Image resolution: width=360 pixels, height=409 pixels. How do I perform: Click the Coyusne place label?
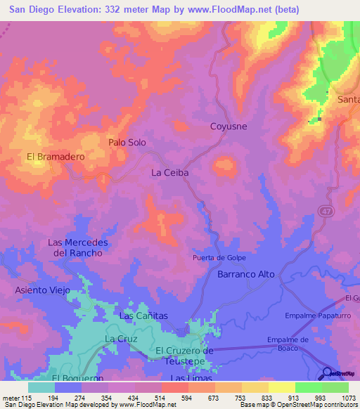[229, 126]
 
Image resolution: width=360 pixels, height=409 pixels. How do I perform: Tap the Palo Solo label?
[127, 142]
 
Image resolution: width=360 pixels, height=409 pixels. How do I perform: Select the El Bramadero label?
[56, 157]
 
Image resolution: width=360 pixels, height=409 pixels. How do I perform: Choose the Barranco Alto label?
[245, 274]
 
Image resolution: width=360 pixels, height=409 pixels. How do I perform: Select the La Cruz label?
[118, 338]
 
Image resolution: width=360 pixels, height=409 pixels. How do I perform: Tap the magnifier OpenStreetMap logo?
[328, 374]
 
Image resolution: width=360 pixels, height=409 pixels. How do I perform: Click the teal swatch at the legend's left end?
[41, 387]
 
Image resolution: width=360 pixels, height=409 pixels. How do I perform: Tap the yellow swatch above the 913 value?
[281, 387]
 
